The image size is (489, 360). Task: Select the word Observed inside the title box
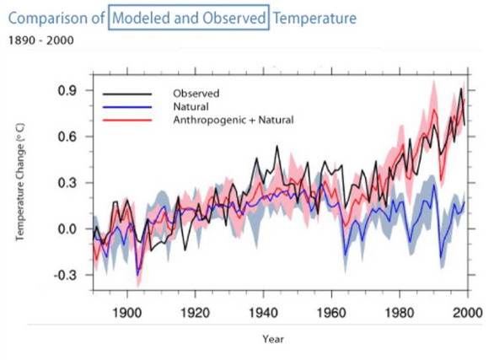pos(234,18)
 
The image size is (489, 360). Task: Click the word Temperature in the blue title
pos(314,18)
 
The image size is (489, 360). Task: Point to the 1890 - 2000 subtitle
pos(40,40)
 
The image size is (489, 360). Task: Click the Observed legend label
pos(196,94)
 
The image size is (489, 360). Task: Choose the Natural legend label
pos(191,107)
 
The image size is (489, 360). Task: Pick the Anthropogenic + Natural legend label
pos(234,120)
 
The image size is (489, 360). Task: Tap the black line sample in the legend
pos(127,94)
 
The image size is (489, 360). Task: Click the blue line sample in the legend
pos(127,107)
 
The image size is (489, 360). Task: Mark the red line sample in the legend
pos(127,120)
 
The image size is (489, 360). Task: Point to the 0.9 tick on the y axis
pos(67,91)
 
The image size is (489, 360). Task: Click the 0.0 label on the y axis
pos(67,229)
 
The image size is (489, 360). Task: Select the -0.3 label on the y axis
pos(65,275)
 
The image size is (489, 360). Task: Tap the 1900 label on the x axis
pos(127,312)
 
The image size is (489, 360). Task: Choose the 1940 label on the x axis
pos(263,312)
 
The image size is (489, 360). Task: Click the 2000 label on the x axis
pos(468,312)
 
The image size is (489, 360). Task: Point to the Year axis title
pos(273,339)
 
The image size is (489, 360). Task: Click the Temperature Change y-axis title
pos(20,182)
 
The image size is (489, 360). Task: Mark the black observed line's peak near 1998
pos(461,89)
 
